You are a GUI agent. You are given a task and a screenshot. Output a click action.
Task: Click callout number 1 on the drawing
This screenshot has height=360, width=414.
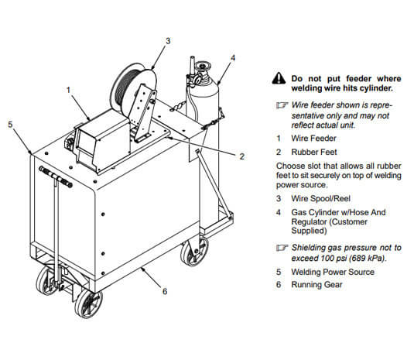click(69, 89)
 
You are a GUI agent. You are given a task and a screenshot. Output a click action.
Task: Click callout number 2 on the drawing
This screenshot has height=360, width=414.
click(241, 156)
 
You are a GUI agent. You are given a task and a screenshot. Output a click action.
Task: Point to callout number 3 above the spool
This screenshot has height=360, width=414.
click(167, 40)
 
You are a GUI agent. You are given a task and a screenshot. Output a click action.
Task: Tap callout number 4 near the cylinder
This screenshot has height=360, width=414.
click(233, 57)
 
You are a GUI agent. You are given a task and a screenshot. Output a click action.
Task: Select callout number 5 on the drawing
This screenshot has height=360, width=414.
click(10, 123)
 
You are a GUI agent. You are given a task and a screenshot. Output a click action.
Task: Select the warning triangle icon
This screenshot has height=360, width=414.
click(279, 78)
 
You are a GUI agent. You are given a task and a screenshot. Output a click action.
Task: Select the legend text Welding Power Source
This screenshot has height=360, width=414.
click(333, 273)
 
